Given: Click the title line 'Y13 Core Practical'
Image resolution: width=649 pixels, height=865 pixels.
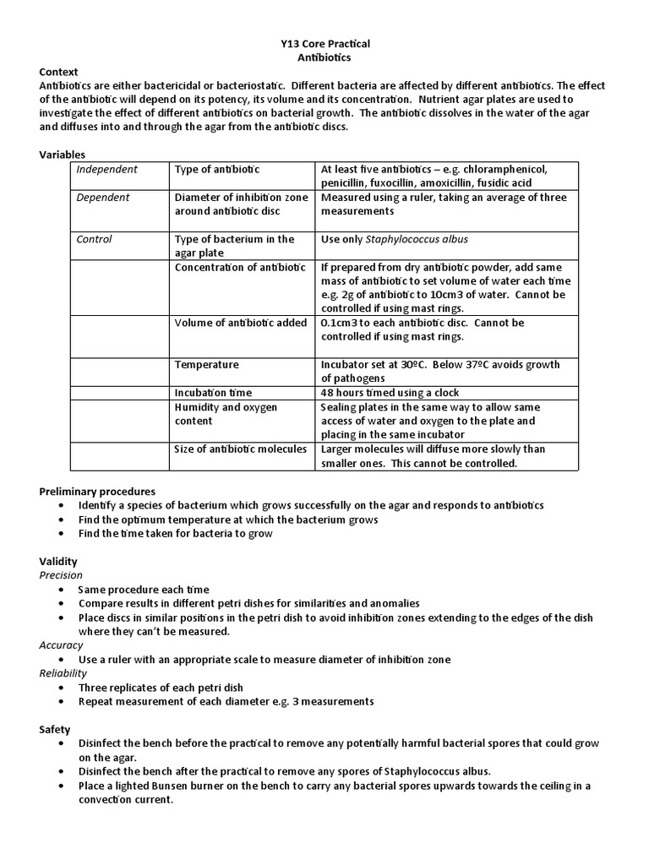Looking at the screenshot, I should [x=324, y=43].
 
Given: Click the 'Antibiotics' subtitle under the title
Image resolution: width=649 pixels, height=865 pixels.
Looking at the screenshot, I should [x=324, y=57].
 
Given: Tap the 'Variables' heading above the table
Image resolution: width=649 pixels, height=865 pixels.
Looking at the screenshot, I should [x=63, y=155].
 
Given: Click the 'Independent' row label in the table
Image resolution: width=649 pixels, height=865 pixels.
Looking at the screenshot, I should [x=106, y=170].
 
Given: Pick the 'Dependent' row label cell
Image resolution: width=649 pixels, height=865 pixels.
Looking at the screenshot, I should [x=103, y=198].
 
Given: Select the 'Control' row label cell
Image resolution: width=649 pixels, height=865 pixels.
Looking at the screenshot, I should [x=95, y=239].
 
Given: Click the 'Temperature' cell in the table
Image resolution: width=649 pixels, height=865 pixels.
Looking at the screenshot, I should [x=206, y=365].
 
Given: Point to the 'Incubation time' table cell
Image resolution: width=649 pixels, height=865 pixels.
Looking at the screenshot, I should [x=213, y=393].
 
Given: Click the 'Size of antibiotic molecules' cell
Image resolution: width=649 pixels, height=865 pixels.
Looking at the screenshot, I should [x=240, y=449].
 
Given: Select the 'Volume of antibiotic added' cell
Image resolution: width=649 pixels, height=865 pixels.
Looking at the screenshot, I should [x=240, y=323].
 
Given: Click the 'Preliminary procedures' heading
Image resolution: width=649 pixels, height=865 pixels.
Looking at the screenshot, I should [x=97, y=491].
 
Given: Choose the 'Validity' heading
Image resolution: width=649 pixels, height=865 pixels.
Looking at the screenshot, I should [x=58, y=561].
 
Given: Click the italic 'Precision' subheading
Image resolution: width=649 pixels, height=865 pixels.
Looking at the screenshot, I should [x=61, y=575].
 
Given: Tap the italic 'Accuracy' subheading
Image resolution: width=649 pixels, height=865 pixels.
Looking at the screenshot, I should [x=61, y=645].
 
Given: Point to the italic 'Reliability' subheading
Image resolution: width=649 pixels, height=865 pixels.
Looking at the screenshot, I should [x=63, y=673].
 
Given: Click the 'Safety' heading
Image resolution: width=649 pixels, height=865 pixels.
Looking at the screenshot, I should [x=55, y=729].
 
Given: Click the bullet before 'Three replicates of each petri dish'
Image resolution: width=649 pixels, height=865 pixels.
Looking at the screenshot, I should [x=65, y=688].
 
